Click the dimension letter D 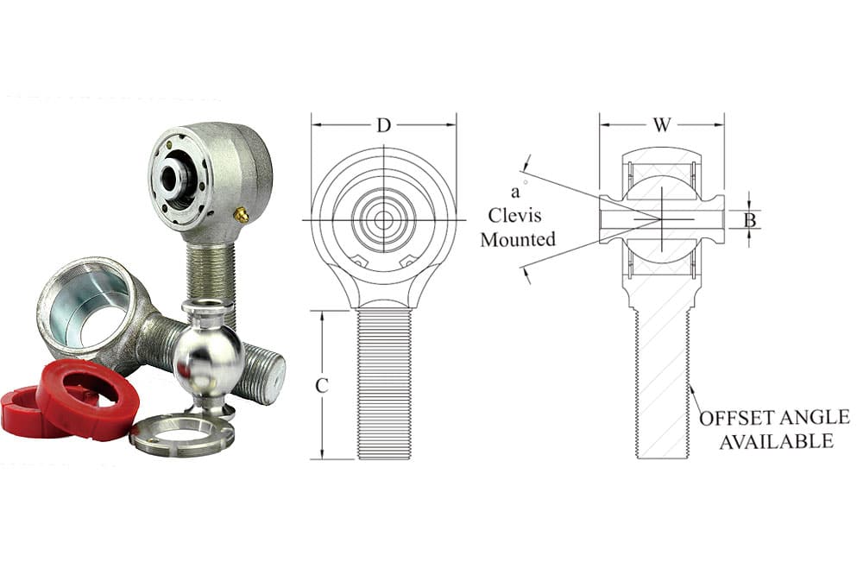(x=384, y=125)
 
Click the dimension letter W (x=662, y=125)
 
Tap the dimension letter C (x=322, y=386)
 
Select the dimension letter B (x=750, y=220)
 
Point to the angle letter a (x=515, y=193)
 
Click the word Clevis (x=514, y=215)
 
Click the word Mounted (x=518, y=240)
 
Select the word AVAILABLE (x=777, y=442)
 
